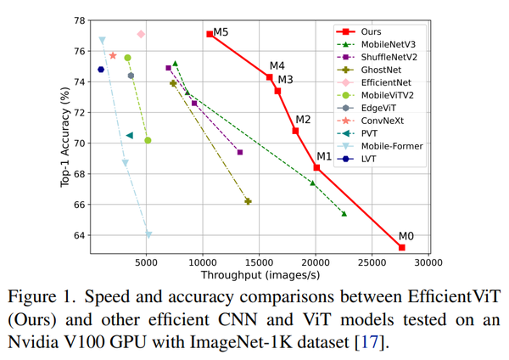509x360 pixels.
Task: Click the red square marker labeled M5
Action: pos(210,34)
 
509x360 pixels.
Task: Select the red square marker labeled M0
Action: pos(401,247)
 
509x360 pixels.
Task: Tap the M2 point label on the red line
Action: pos(303,119)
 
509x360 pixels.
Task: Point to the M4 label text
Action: pos(277,66)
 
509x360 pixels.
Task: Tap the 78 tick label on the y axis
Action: pos(79,20)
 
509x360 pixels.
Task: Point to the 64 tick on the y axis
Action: pos(79,235)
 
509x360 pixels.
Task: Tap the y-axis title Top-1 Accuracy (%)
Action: pos(65,136)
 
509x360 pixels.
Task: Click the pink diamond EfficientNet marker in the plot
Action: pos(141,34)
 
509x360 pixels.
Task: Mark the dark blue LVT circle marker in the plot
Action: pos(101,70)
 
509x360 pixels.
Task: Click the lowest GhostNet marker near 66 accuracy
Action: pos(248,201)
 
